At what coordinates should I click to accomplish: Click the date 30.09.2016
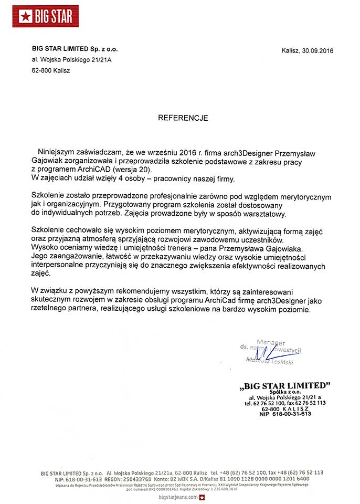pyautogui.click(x=317, y=51)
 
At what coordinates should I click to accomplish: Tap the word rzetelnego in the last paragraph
pyautogui.click(x=48, y=310)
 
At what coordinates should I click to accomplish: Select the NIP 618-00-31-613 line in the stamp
pyautogui.click(x=285, y=414)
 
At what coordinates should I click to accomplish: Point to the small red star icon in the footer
pyautogui.click(x=202, y=497)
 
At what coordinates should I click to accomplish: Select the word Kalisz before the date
pyautogui.click(x=290, y=51)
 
